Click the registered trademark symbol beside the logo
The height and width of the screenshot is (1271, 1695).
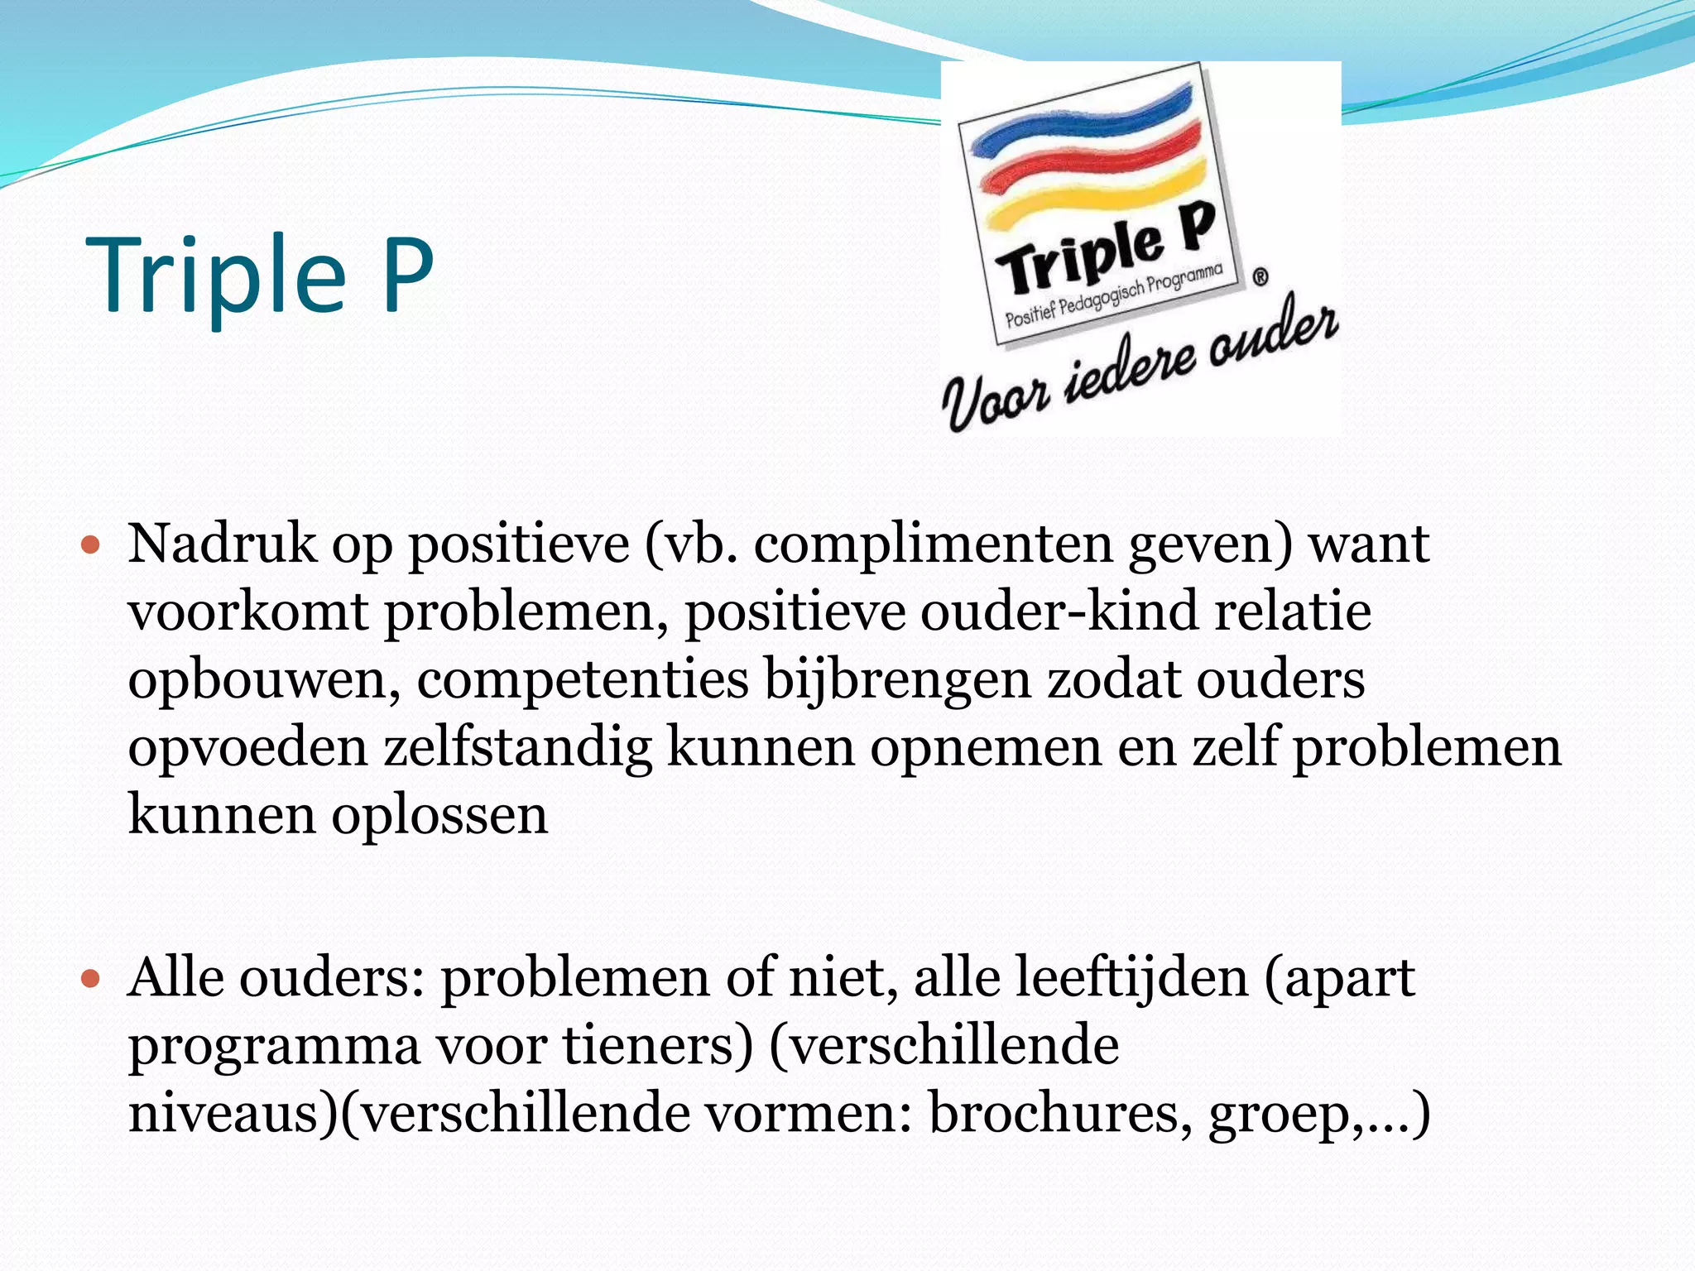(x=1260, y=277)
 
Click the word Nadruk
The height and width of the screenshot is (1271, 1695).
(x=222, y=544)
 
